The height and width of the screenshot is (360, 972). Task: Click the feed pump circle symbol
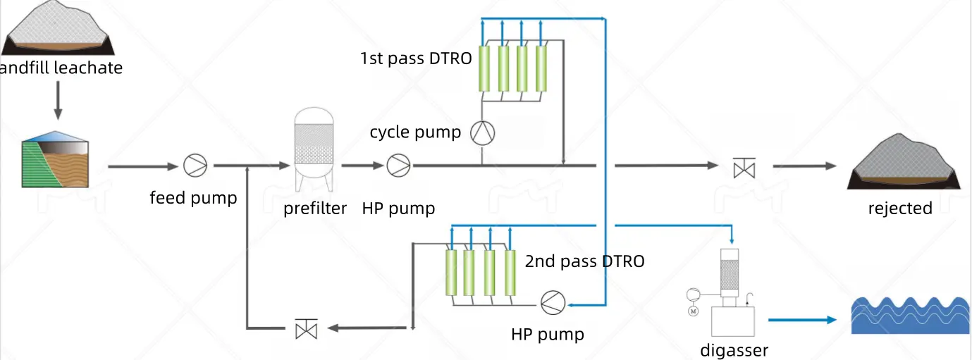click(x=195, y=166)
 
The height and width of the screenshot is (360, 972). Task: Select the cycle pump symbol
click(x=483, y=132)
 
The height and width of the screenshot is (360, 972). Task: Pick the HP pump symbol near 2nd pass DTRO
click(x=553, y=302)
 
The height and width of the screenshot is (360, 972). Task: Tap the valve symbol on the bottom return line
click(x=306, y=328)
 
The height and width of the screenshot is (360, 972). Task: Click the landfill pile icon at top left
click(x=59, y=28)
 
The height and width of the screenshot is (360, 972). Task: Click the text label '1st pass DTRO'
click(x=416, y=58)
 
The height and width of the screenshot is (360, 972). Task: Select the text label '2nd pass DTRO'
click(x=584, y=262)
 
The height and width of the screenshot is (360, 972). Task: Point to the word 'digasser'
click(x=734, y=350)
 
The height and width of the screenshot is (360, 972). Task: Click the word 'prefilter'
click(x=315, y=209)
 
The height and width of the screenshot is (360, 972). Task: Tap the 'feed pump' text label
click(x=193, y=198)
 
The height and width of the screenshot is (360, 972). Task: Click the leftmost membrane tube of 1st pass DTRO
click(x=484, y=69)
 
